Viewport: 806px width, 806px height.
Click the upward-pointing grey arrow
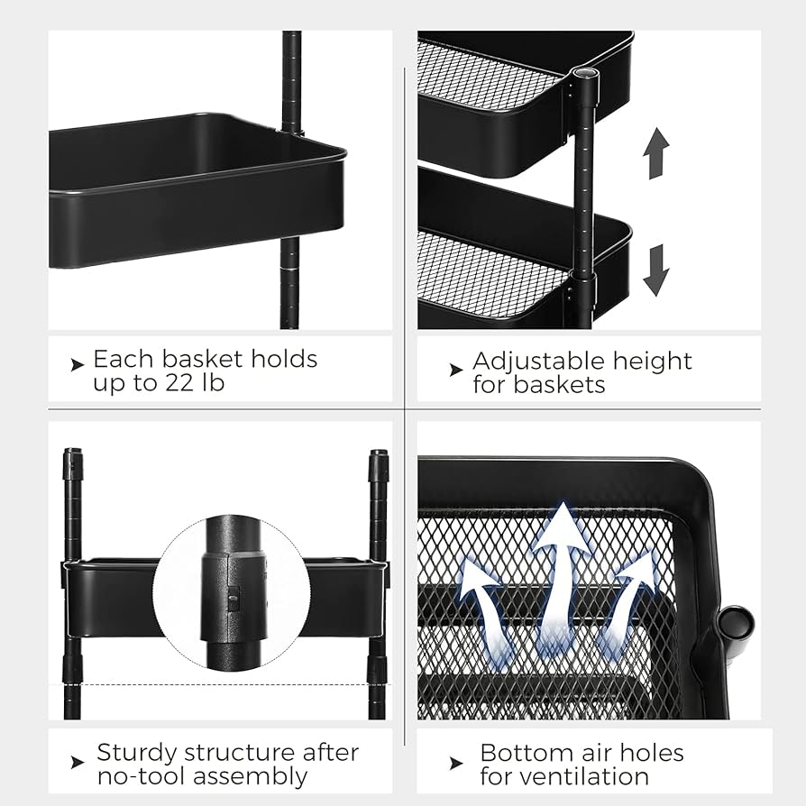pyautogui.click(x=656, y=152)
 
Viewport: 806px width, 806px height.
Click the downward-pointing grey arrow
pyautogui.click(x=656, y=270)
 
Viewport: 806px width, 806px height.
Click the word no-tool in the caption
pyautogui.click(x=140, y=775)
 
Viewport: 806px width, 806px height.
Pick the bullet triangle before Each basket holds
pyautogui.click(x=78, y=364)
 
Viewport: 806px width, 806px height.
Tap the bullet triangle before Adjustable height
pyautogui.click(x=456, y=369)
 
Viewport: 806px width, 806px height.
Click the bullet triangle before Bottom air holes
pyautogui.click(x=456, y=763)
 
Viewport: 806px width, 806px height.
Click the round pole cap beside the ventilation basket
pyautogui.click(x=737, y=624)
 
